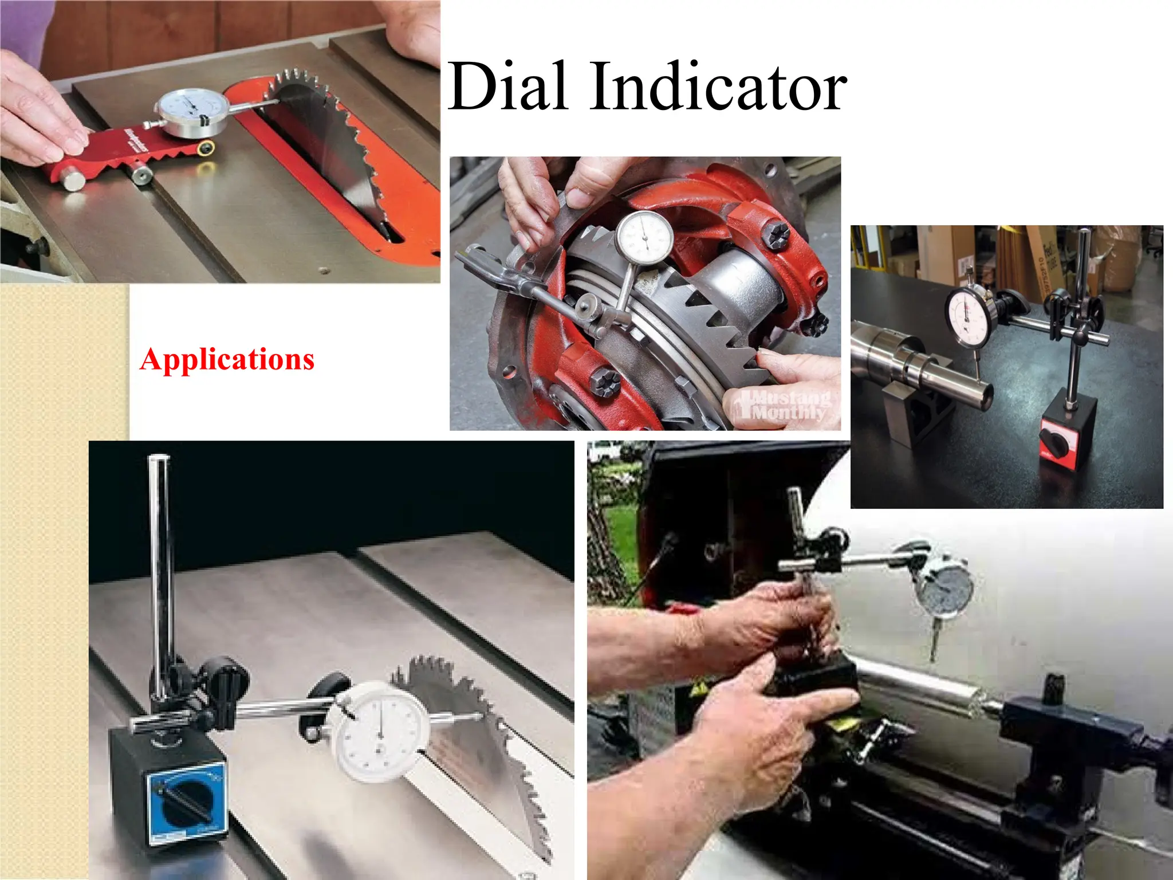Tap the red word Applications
(x=227, y=360)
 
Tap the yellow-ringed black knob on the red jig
(x=207, y=148)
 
